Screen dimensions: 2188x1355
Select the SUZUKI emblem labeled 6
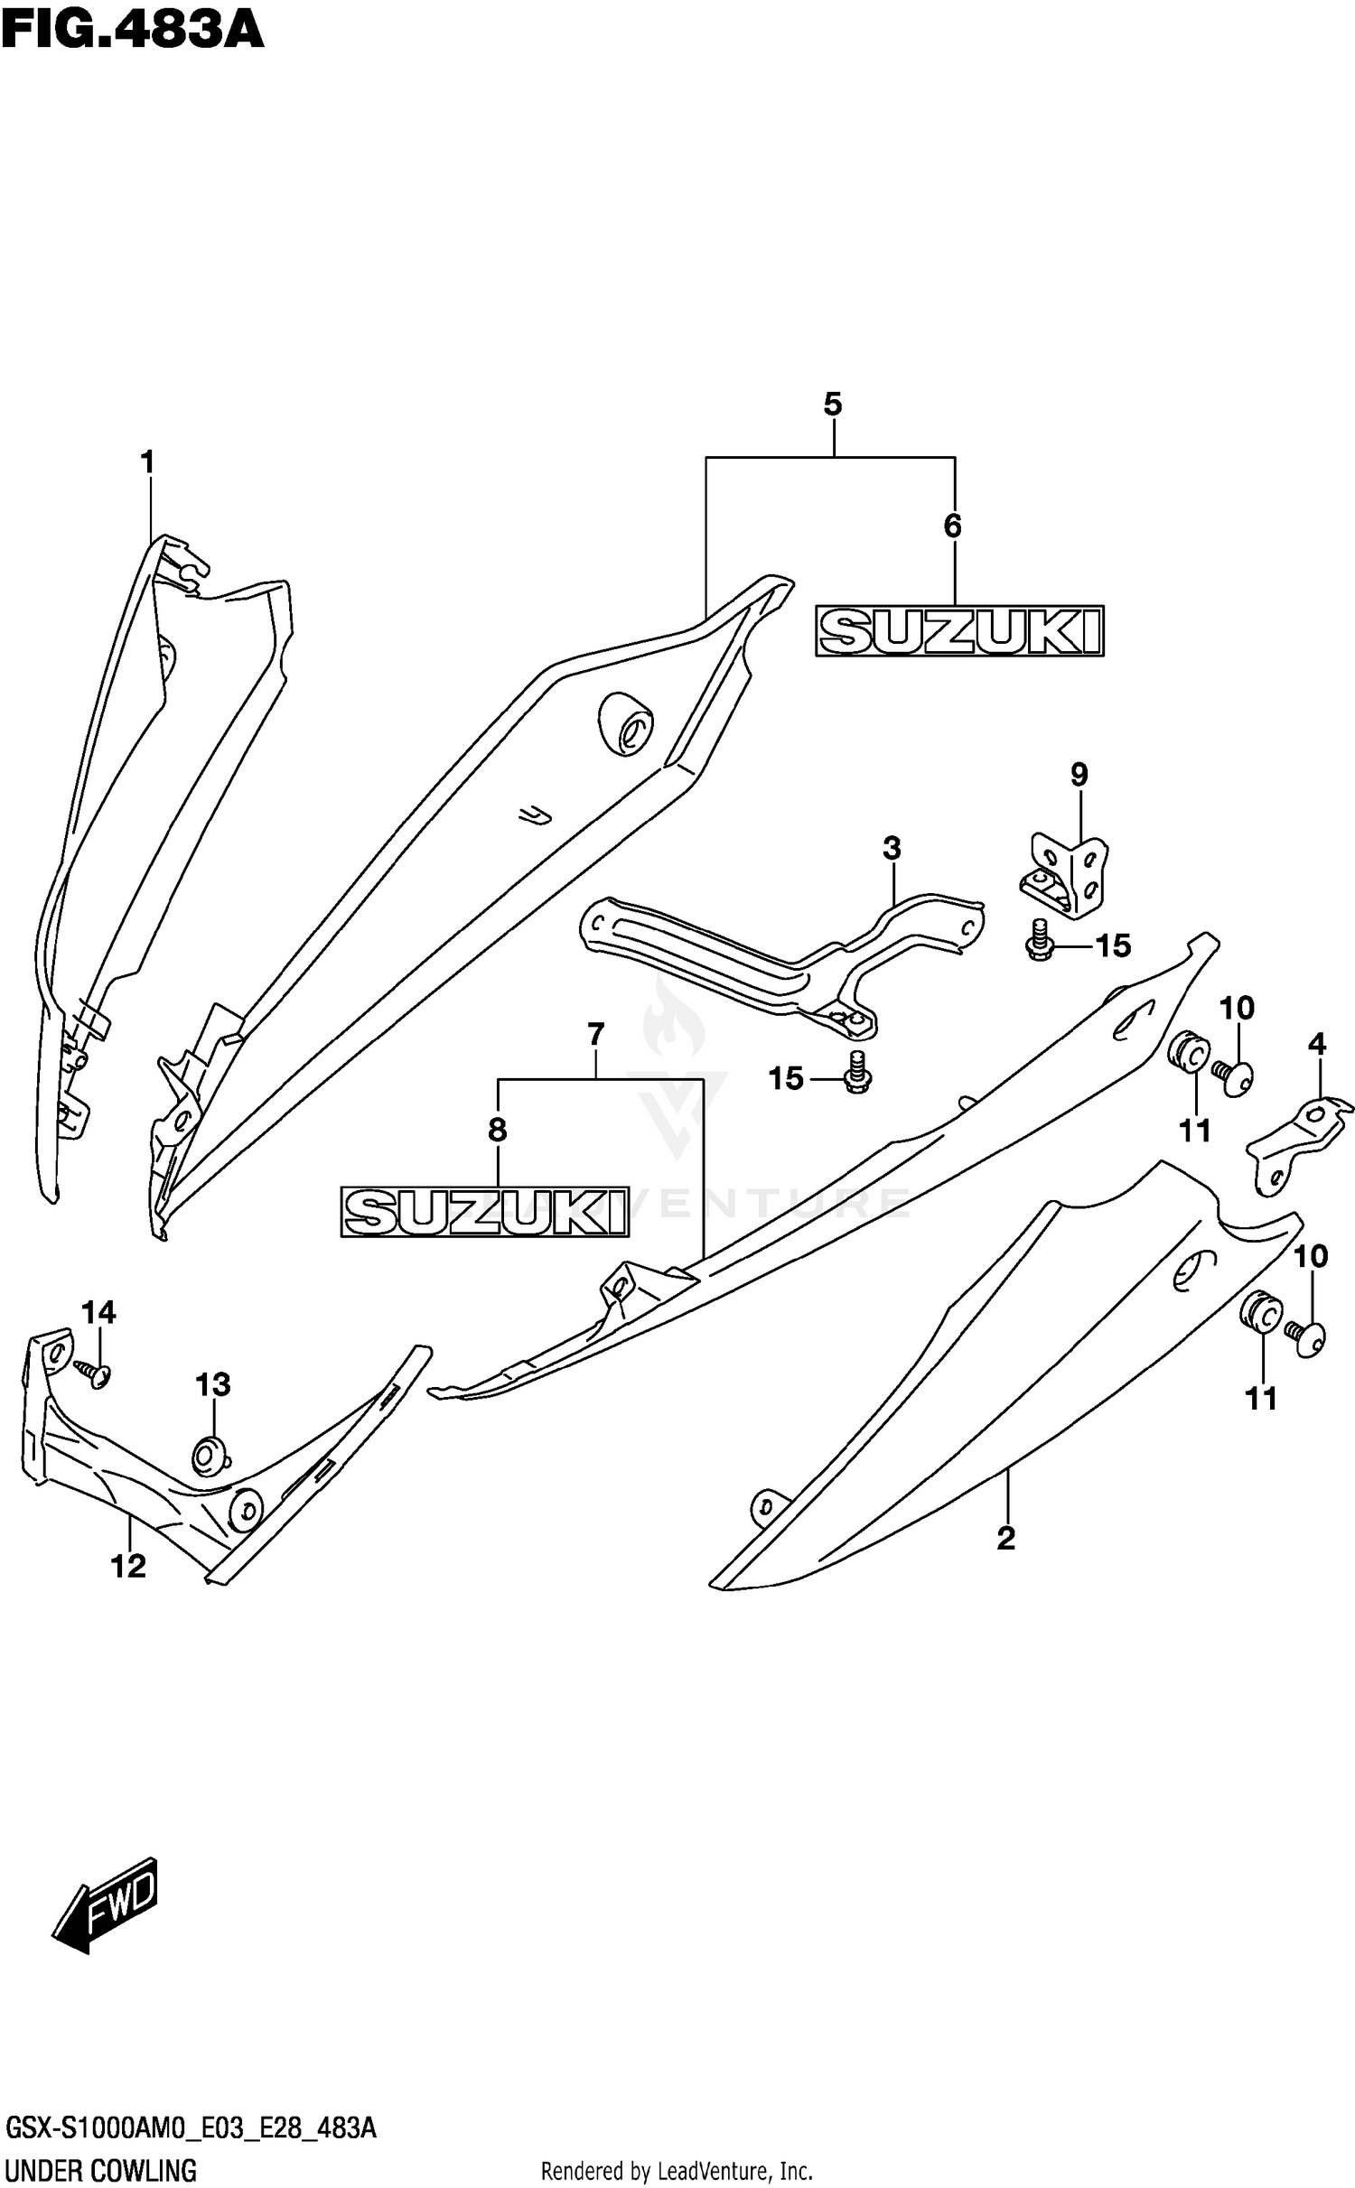point(959,630)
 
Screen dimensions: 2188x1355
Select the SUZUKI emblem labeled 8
point(484,1211)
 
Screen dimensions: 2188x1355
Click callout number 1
point(147,463)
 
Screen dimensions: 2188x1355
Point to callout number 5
point(832,405)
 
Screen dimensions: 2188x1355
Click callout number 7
point(595,1034)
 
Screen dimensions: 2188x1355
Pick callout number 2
point(1006,1538)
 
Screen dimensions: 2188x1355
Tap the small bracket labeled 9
point(1068,874)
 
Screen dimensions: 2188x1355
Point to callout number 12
point(128,1566)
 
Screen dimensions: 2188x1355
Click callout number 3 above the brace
point(892,848)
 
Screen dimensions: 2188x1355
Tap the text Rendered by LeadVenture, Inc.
point(677,2170)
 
